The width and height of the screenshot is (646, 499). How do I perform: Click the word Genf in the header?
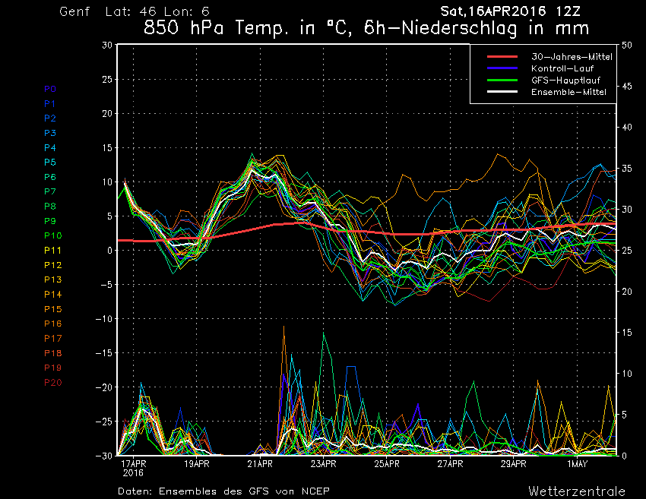point(75,12)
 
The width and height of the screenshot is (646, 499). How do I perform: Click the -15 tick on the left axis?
point(104,353)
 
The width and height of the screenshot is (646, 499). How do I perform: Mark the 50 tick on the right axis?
point(628,45)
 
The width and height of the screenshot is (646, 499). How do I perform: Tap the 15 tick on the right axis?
point(628,333)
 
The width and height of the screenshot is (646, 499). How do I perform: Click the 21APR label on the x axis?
point(260,463)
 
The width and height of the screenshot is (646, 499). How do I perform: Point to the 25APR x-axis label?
point(387,463)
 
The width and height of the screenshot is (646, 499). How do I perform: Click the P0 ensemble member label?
point(50,89)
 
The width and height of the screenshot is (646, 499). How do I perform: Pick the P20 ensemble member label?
point(53,382)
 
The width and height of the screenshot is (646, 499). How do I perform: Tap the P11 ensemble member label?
point(53,250)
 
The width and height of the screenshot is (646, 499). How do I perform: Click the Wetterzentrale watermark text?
point(577,491)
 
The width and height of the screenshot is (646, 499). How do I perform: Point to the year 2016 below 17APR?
point(134,472)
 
